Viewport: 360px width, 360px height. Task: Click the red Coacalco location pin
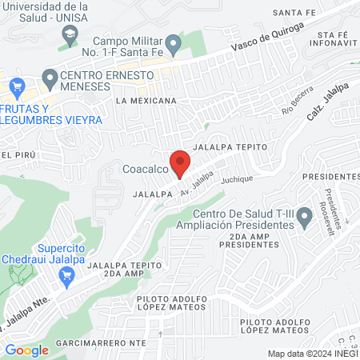(180, 163)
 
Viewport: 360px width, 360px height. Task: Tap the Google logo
(26, 350)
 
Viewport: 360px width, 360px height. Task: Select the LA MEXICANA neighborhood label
(145, 101)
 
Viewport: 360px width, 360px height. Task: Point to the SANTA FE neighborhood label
(294, 13)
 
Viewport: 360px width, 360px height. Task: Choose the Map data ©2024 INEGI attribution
(311, 354)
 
